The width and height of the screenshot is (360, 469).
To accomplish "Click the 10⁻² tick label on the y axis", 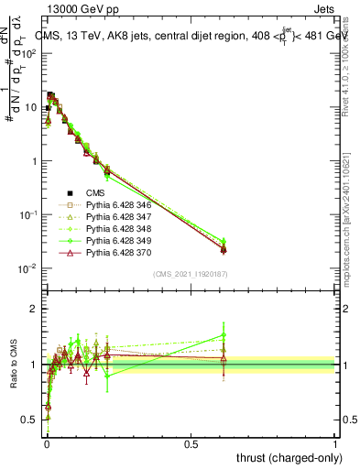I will click(28, 268).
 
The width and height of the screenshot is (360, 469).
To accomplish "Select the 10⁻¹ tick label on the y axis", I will click(28, 214).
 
